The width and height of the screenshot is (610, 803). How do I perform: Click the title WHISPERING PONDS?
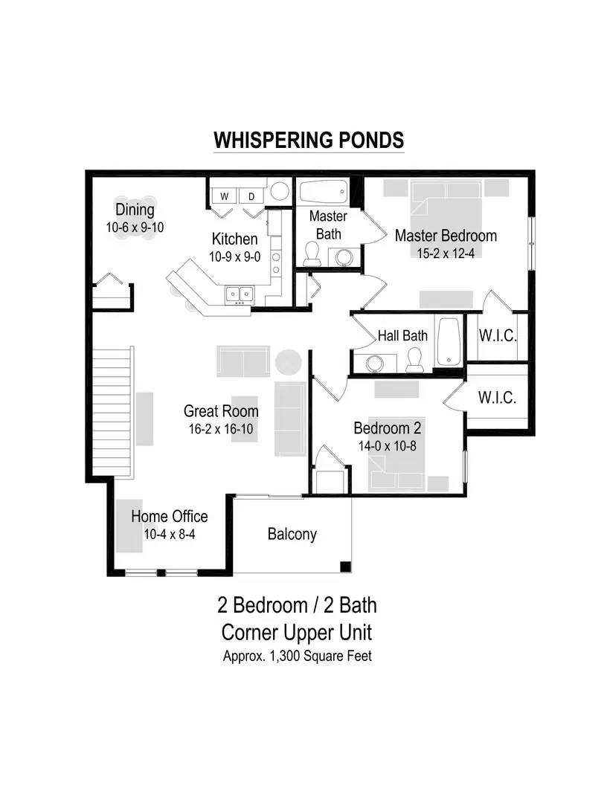tap(309, 140)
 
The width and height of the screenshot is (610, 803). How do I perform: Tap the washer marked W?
tap(225, 196)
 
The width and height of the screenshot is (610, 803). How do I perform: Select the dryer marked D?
tap(251, 196)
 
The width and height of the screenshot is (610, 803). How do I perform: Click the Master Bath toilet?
tap(312, 254)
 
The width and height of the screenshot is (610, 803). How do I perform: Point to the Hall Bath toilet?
tap(414, 360)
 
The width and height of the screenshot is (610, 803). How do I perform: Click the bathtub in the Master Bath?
tap(324, 192)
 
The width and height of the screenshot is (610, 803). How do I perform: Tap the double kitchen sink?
tap(240, 294)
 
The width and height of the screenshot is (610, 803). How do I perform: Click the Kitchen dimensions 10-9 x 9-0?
tap(234, 257)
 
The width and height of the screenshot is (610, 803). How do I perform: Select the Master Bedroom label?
tap(446, 236)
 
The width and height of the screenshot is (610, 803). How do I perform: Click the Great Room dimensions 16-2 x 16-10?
tap(221, 429)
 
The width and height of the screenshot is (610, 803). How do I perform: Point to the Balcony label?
tap(292, 534)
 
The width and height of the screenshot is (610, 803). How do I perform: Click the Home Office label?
tap(170, 516)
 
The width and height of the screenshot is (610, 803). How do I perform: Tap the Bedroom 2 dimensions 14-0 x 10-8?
tap(388, 446)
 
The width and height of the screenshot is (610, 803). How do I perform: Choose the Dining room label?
tap(135, 210)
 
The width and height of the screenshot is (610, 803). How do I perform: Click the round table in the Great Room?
tap(289, 361)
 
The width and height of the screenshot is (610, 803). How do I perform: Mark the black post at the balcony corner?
tap(346, 567)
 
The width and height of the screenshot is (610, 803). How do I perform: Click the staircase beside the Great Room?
tap(112, 412)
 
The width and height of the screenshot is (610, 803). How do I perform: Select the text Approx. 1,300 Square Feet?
tap(297, 656)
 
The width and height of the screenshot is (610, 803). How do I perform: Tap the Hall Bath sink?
tap(375, 363)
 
